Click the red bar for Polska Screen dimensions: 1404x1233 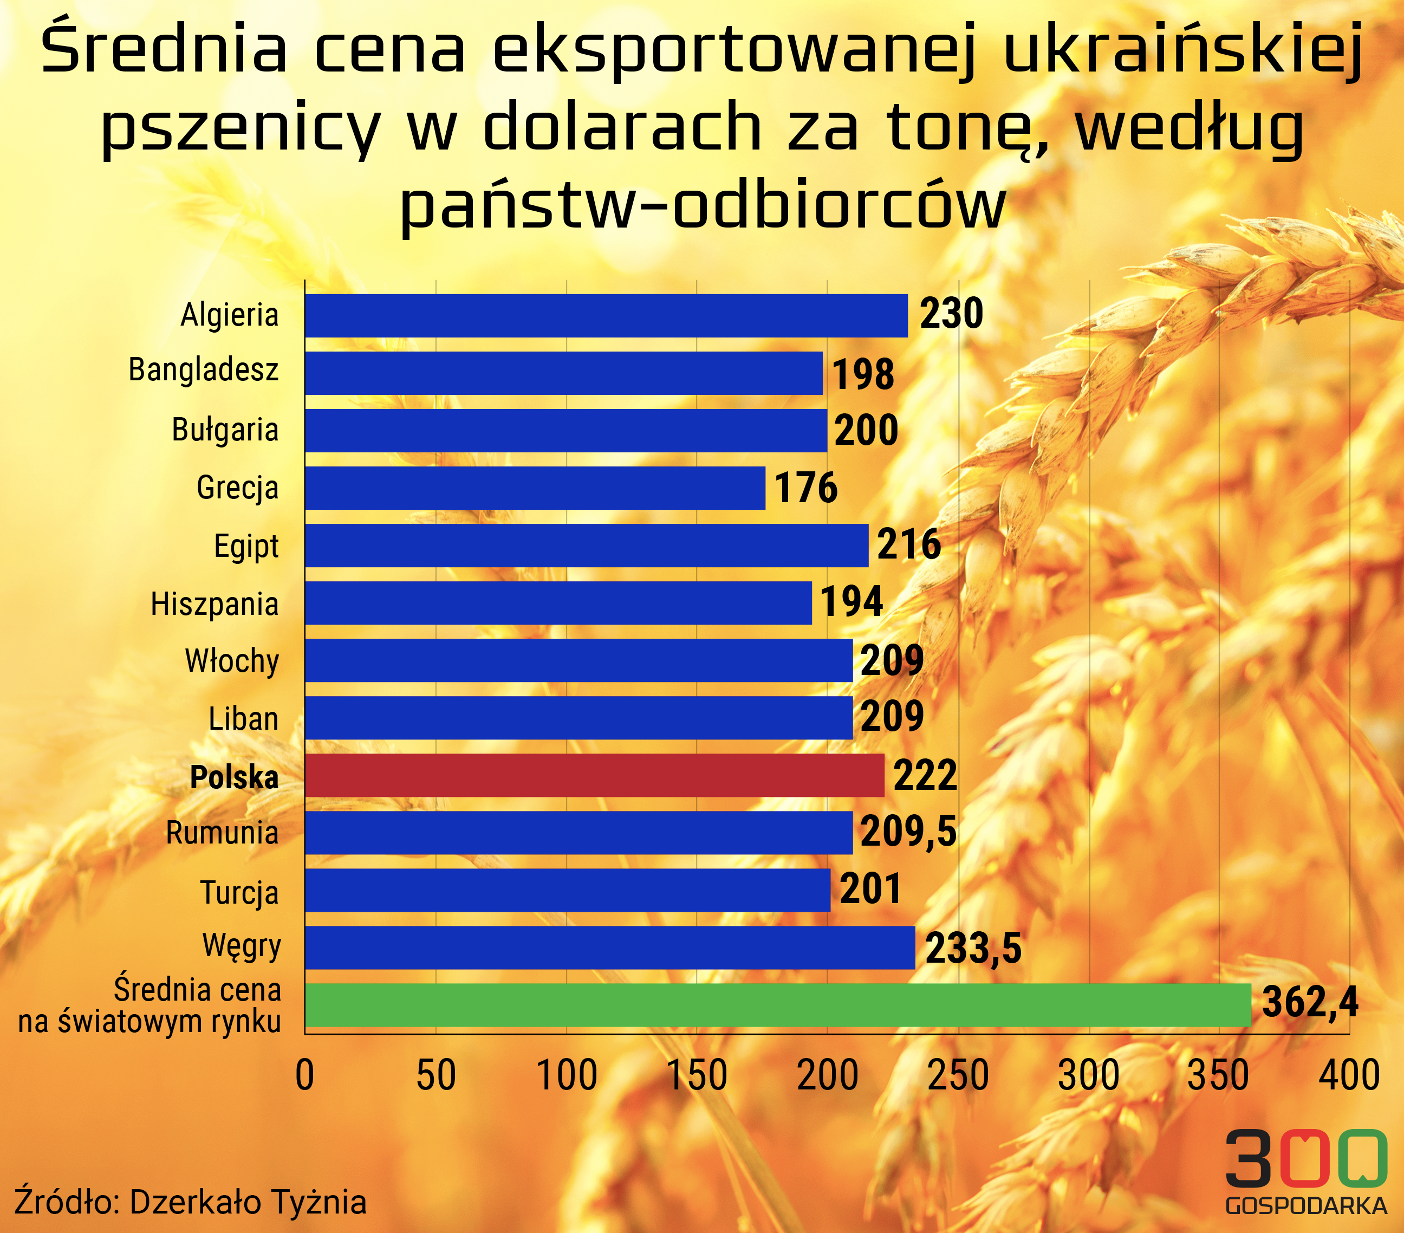[x=595, y=776]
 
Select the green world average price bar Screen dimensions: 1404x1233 [x=778, y=1005]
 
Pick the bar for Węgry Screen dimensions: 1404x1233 [x=610, y=948]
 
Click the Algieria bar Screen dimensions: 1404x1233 [x=607, y=316]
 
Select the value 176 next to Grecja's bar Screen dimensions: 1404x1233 [x=807, y=488]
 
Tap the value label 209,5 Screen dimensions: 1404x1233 [x=908, y=831]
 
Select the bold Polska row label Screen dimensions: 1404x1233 [x=234, y=777]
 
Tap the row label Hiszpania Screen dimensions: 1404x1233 [x=215, y=605]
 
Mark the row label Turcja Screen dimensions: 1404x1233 [x=240, y=893]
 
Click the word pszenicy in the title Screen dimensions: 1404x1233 [x=240, y=128]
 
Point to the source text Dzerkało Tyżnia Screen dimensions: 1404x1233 [x=248, y=1202]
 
